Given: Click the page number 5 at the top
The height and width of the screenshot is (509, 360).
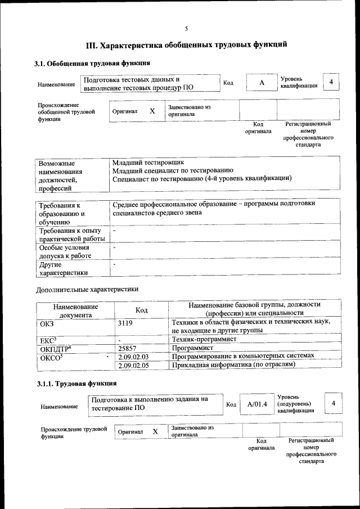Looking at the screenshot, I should [186, 29].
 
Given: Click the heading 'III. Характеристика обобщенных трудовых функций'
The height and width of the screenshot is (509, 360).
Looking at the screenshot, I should [186, 44].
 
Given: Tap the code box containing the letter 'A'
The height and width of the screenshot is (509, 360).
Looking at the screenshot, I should [261, 83].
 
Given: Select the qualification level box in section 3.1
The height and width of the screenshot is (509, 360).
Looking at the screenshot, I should [332, 82].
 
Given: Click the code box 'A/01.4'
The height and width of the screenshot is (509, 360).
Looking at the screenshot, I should [256, 404].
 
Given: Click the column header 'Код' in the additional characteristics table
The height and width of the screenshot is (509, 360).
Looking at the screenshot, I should [142, 310].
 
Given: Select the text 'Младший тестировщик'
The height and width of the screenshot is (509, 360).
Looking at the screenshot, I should [148, 163].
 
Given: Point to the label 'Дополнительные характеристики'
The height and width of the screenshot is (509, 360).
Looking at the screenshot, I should [87, 290].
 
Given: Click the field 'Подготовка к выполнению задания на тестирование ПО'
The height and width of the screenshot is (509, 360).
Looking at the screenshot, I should [155, 403].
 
